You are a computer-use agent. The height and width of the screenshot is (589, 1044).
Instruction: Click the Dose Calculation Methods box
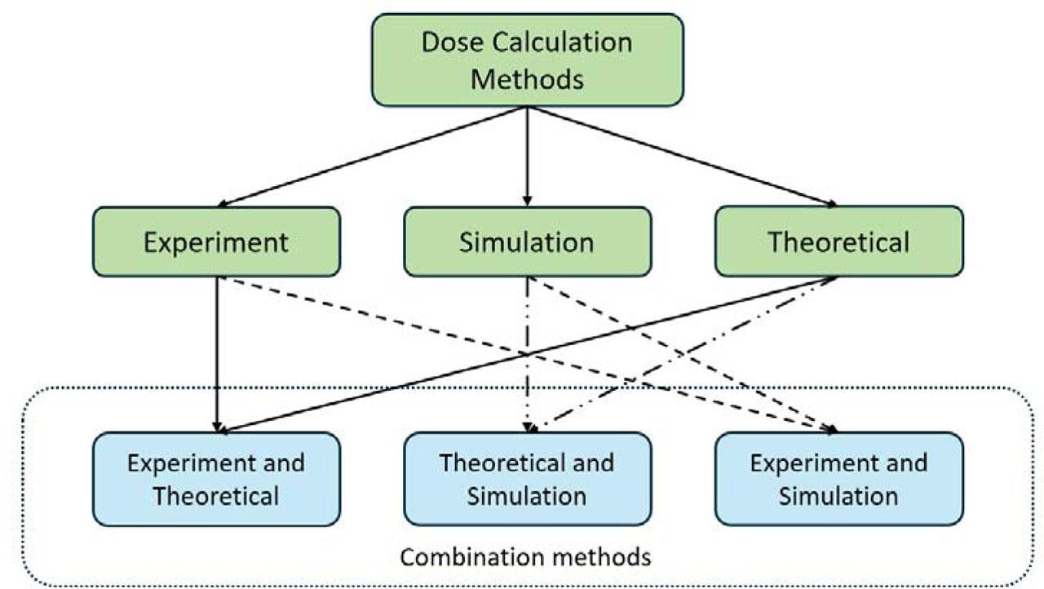[x=527, y=60]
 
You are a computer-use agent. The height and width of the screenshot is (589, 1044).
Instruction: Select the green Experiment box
[x=216, y=241]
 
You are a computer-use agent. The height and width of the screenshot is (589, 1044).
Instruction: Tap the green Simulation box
[x=527, y=241]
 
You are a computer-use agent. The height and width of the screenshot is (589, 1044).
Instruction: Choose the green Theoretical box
[x=838, y=241]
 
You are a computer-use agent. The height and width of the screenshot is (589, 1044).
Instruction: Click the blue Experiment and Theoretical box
[x=216, y=479]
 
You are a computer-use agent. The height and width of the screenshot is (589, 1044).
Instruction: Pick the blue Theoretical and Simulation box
[x=527, y=479]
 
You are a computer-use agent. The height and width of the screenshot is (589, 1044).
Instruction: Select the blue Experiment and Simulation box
[x=838, y=479]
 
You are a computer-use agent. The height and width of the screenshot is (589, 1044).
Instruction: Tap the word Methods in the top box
[x=527, y=79]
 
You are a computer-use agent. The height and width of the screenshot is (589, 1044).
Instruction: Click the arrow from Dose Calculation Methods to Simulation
[x=527, y=155]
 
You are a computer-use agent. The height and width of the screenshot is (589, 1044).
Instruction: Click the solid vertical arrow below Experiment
[x=217, y=351]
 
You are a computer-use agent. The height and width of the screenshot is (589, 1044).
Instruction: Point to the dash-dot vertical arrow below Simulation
[x=528, y=351]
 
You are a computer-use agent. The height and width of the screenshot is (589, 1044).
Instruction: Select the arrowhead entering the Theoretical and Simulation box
[x=529, y=425]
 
